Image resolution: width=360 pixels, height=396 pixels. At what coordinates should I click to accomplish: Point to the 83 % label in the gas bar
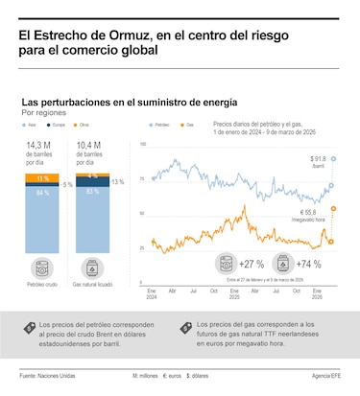pos(92,192)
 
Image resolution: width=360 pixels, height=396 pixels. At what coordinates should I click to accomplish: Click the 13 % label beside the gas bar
pos(117,181)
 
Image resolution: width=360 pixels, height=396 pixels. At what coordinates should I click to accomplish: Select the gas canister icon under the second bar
pos(92,267)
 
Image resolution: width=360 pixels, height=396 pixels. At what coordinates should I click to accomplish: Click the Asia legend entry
pos(31,125)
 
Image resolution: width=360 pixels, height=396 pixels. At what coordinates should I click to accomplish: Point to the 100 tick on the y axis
pos(143,145)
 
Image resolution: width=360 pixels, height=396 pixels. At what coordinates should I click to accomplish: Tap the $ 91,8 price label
pos(319,158)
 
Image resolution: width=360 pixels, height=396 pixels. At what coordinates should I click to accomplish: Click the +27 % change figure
pos(252,264)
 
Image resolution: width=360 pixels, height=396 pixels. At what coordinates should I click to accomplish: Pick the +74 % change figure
pos(309,264)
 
